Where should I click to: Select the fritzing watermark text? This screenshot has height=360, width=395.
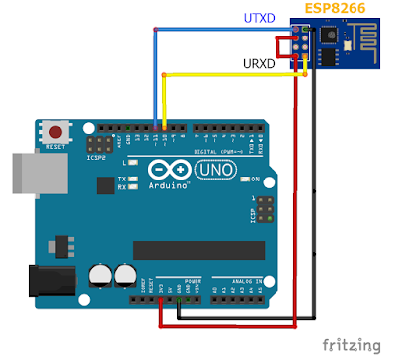(352, 345)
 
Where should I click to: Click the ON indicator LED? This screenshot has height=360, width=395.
(243, 180)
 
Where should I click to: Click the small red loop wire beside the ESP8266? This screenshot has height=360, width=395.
(287, 48)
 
